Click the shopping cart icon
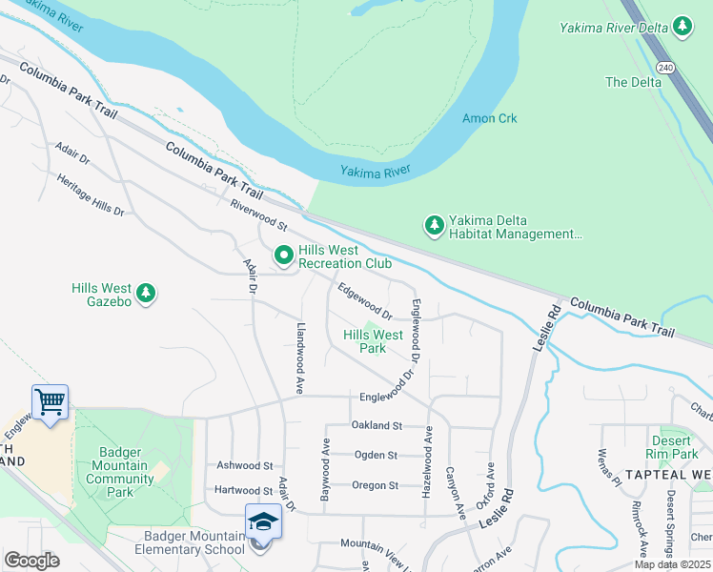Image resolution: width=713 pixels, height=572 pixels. click(50, 401)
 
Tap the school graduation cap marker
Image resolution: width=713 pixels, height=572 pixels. click(262, 521)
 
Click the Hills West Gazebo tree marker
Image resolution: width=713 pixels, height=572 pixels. click(146, 293)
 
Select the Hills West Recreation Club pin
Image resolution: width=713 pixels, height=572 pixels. click(283, 255)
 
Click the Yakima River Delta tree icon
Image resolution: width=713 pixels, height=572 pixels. click(682, 27)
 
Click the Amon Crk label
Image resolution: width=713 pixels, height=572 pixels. click(489, 119)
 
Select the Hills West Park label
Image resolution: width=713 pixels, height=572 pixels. click(373, 341)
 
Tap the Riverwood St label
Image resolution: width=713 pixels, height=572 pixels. click(258, 215)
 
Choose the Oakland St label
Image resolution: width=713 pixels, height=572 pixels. click(377, 425)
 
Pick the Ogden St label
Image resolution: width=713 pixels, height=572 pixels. click(376, 455)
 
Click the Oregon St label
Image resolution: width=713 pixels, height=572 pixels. click(375, 485)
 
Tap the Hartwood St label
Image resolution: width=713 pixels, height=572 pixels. click(244, 490)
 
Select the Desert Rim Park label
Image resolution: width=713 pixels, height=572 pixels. click(673, 448)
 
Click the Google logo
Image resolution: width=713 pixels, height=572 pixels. click(31, 561)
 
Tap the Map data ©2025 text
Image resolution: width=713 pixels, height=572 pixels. click(672, 564)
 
